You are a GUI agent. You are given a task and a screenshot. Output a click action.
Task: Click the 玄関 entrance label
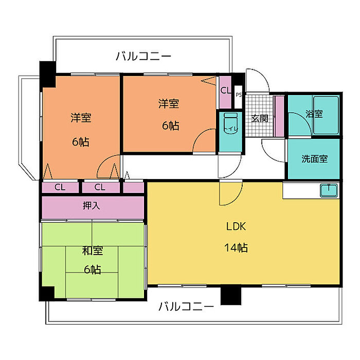point(259,118)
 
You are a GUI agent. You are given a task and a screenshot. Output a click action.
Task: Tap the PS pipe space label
point(239,94)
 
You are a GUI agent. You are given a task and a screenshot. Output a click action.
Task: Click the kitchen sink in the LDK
point(329,191)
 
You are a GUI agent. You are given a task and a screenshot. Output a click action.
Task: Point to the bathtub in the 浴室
point(326,115)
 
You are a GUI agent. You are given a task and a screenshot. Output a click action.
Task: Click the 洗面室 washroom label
point(314,159)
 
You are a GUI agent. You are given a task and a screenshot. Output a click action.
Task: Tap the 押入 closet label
point(92,206)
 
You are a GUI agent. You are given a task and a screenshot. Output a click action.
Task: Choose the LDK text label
point(236,227)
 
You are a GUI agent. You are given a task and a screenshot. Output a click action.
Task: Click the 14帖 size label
point(236,248)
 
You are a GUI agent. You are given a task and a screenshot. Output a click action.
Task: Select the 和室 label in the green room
point(92,251)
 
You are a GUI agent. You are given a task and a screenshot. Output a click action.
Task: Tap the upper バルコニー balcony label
point(143,56)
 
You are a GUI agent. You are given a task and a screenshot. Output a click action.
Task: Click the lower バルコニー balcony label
point(186,307)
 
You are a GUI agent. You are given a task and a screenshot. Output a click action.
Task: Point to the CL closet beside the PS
point(225,92)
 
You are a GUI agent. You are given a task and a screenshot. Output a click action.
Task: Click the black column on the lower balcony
point(231,295)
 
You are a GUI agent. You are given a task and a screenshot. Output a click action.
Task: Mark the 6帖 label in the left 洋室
point(81,142)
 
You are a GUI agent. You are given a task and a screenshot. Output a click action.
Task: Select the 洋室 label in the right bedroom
point(169,103)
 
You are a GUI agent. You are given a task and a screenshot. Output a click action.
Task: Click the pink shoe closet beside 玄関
point(279,116)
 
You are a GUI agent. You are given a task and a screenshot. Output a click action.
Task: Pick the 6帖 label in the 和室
point(92,269)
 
